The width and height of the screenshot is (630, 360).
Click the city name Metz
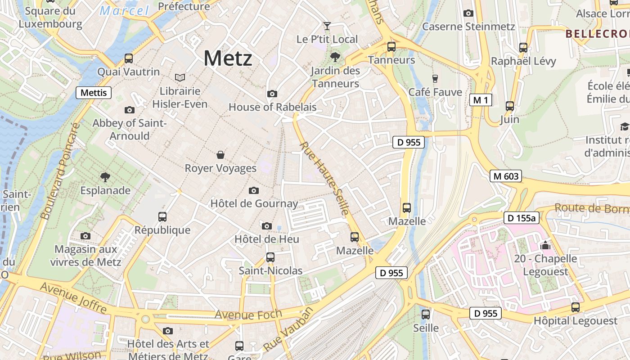[228, 58]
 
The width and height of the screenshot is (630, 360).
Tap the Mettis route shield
[94, 93]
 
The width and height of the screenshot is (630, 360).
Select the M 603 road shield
[506, 176]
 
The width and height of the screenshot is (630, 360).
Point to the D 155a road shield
[521, 218]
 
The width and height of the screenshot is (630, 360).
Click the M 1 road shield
[480, 100]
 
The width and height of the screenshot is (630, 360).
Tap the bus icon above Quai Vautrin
[129, 58]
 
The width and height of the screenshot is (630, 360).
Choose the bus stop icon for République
[162, 216]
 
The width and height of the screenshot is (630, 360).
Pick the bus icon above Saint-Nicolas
[270, 257]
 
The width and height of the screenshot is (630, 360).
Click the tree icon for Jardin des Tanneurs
[335, 57]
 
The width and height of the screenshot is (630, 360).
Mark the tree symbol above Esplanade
[105, 177]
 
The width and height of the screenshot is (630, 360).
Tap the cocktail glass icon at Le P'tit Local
[327, 26]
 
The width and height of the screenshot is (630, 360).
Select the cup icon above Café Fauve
[435, 78]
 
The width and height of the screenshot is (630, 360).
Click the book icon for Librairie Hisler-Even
[180, 77]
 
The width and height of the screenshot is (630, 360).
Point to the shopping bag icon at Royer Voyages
[220, 155]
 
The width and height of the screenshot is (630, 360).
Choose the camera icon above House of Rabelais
[272, 94]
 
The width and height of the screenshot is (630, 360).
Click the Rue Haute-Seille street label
[324, 178]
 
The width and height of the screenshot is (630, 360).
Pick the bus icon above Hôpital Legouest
[575, 307]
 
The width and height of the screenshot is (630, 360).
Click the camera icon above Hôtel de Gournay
[254, 190]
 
